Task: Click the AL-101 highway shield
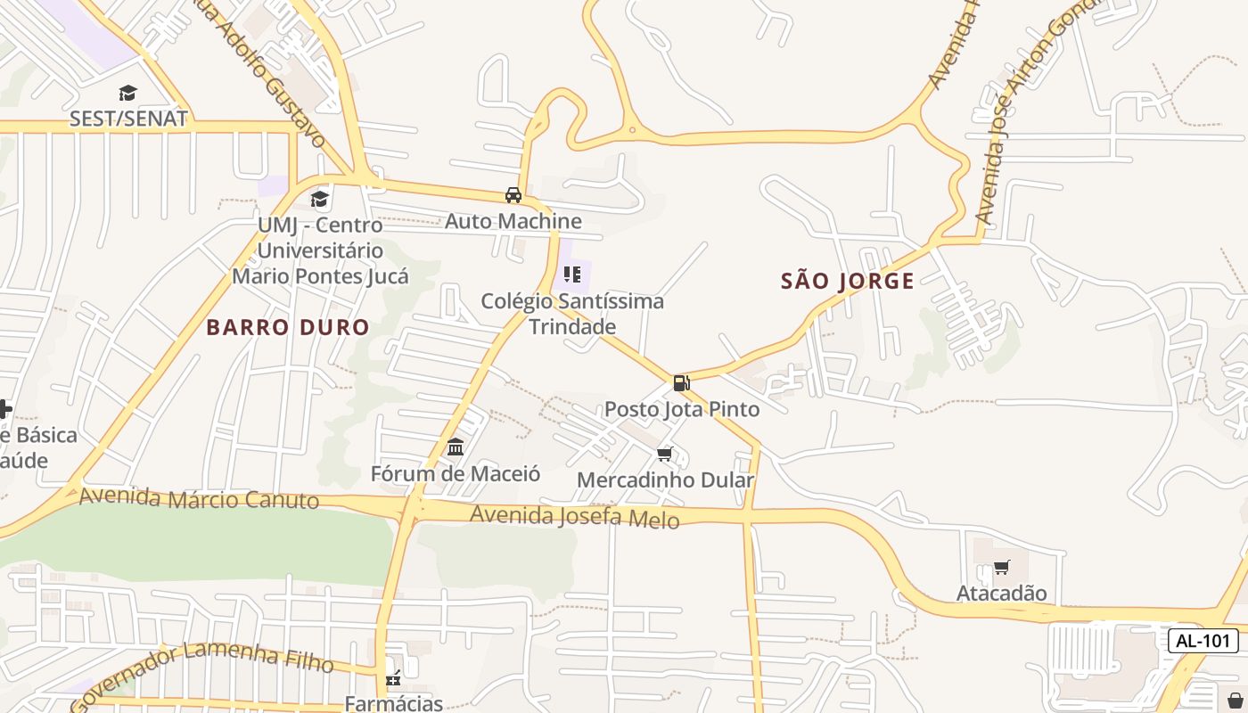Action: [1203, 640]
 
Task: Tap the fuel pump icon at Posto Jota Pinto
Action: [681, 383]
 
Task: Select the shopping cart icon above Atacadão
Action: [1001, 567]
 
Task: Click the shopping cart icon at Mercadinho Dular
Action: [664, 455]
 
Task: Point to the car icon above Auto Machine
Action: [513, 195]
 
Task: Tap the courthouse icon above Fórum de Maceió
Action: [456, 447]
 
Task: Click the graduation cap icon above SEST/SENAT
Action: [128, 93]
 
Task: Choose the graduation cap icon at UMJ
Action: [319, 199]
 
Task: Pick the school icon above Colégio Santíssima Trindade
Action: [572, 275]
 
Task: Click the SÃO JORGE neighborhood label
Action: [847, 282]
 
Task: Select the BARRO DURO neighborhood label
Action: [287, 327]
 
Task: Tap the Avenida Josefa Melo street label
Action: [574, 516]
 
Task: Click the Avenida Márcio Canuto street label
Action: [199, 498]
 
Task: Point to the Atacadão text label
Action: [1001, 593]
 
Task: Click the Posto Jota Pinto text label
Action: [682, 409]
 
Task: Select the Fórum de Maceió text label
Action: [456, 473]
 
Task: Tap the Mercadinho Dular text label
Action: [665, 480]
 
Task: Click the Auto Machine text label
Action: [513, 221]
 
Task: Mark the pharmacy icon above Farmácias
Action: [393, 679]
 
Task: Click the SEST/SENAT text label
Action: [128, 119]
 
